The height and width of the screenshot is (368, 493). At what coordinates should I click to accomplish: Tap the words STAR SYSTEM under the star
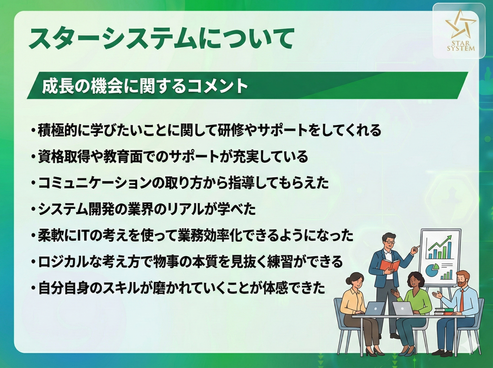(x=461, y=46)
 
